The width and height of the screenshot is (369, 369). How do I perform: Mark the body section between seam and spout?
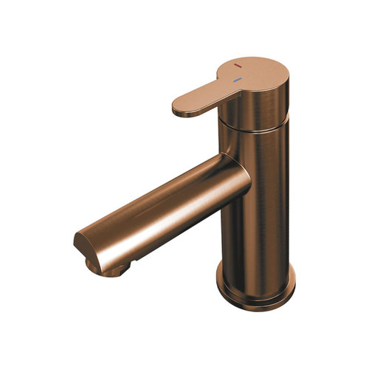click(x=262, y=148)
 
